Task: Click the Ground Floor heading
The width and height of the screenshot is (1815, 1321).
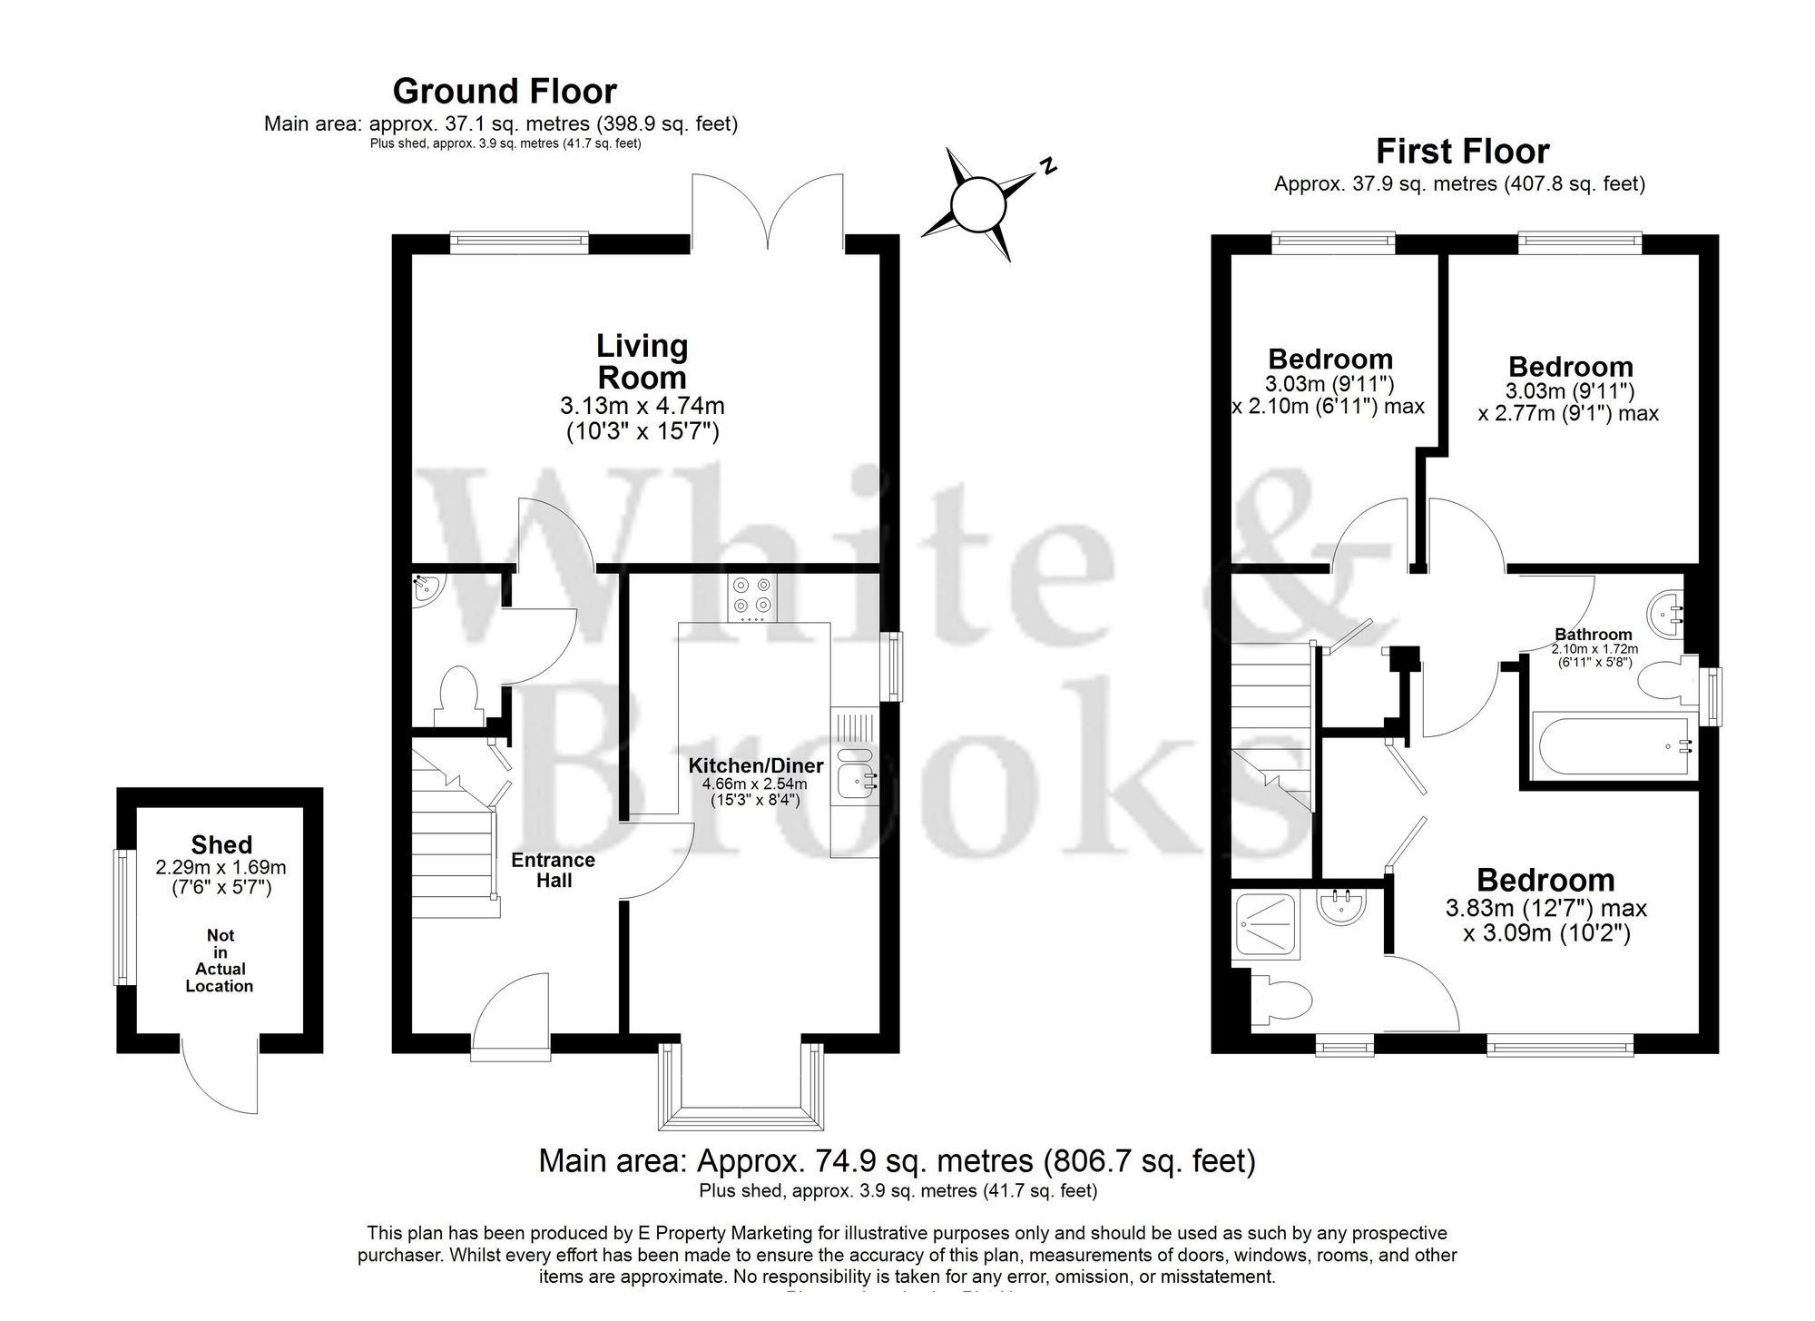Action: (x=505, y=92)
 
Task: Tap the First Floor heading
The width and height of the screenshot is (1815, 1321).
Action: (x=1462, y=151)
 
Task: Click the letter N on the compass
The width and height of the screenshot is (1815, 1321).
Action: (x=1048, y=166)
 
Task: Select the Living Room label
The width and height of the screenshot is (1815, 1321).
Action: (x=642, y=361)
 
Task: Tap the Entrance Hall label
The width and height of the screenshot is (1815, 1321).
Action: (x=554, y=870)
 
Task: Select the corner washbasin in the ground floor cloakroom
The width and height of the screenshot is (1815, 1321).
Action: (x=424, y=589)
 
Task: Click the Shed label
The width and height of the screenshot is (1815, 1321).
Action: (x=221, y=844)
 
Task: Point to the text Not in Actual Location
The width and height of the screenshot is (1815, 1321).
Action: (x=220, y=961)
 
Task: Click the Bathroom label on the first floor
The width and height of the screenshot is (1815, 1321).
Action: (x=1593, y=635)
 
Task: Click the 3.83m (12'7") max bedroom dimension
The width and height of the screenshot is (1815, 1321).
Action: (x=1545, y=908)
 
